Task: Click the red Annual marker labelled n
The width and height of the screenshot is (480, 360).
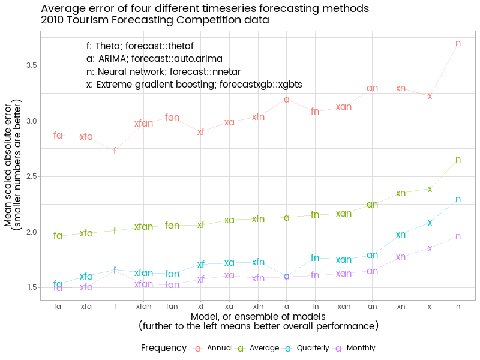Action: click(458, 43)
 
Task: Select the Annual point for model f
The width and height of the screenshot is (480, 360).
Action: click(115, 151)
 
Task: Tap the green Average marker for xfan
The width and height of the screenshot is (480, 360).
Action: click(143, 227)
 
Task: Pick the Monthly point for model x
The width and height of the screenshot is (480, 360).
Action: click(430, 248)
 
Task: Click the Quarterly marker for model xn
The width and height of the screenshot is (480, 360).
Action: click(401, 235)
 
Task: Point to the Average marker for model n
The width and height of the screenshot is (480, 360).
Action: click(458, 160)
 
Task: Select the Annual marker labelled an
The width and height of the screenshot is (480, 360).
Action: click(372, 88)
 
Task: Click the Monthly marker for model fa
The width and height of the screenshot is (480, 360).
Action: click(58, 288)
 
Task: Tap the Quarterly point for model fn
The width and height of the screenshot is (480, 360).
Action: click(315, 258)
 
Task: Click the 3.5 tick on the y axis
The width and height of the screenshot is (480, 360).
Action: click(32, 65)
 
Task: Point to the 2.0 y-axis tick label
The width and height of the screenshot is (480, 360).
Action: click(32, 232)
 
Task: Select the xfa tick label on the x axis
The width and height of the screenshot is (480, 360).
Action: click(86, 306)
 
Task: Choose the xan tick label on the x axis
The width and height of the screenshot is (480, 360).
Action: click(344, 306)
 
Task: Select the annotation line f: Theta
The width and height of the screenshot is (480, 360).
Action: click(140, 46)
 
